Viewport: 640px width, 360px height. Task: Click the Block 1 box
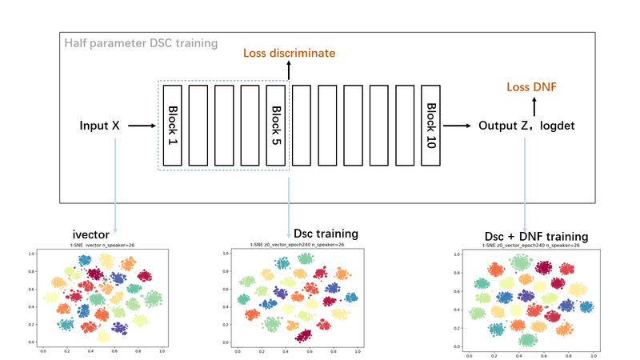[174, 125]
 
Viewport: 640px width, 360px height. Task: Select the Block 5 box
[276, 125]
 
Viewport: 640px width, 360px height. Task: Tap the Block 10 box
[431, 125]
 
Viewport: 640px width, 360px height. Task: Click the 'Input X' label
[99, 126]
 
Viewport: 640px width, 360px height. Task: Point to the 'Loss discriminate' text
[289, 53]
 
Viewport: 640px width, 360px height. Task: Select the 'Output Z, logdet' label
[528, 126]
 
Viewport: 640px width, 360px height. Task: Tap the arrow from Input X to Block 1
[142, 126]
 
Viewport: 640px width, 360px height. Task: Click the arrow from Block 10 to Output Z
[458, 126]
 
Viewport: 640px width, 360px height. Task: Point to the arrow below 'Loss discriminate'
[289, 71]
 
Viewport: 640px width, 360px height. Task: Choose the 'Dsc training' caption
[326, 234]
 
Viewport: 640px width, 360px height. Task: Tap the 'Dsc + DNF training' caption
[537, 237]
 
